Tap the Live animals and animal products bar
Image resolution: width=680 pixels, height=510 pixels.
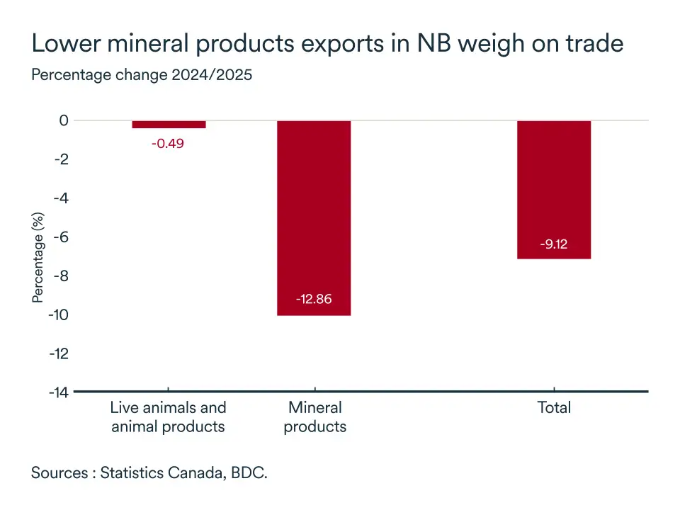click(x=169, y=125)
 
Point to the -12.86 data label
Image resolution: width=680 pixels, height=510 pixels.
click(x=314, y=299)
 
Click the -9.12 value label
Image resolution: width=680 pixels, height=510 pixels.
click(x=554, y=245)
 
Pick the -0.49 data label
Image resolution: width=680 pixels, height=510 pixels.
click(x=169, y=143)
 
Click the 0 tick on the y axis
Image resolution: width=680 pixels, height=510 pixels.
click(x=64, y=121)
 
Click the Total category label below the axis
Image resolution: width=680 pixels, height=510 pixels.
click(x=554, y=408)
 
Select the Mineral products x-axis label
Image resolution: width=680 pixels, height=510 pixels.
click(x=314, y=417)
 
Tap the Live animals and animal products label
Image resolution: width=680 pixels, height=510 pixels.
click(x=169, y=417)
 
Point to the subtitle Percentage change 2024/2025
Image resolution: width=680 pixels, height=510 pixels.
click(x=142, y=74)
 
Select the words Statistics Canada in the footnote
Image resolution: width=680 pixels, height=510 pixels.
click(x=161, y=472)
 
